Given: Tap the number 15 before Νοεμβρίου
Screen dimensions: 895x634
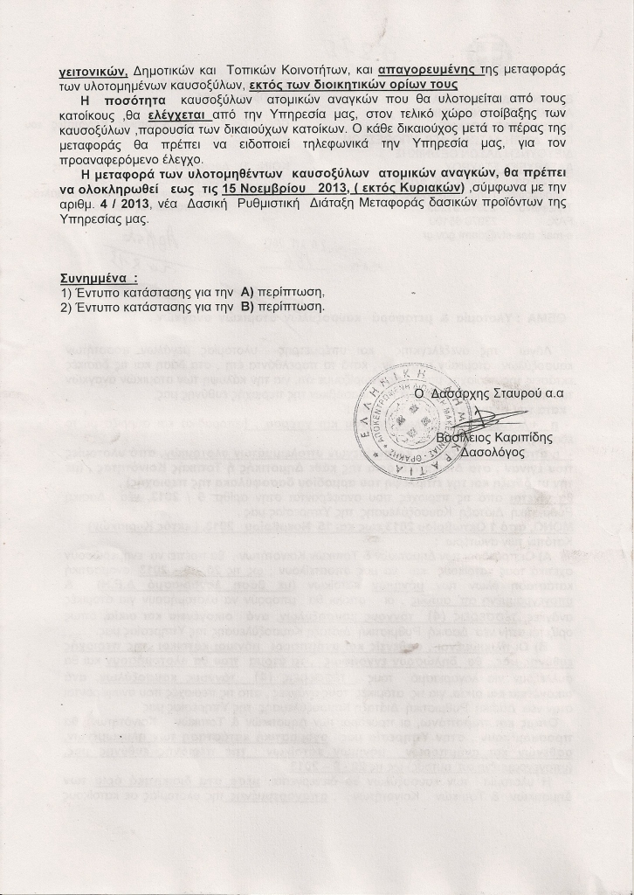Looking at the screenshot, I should point(231,190).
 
